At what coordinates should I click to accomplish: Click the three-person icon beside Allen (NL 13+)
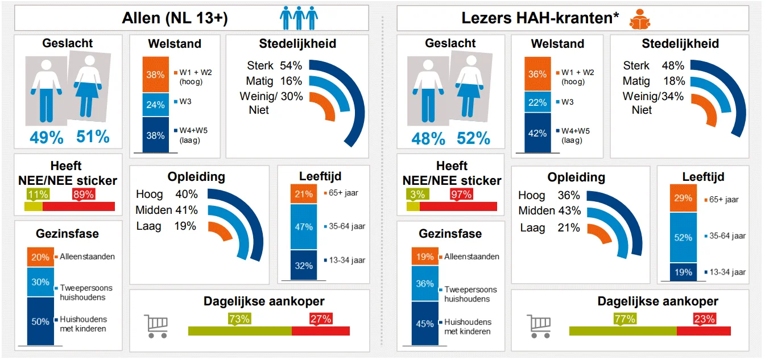(299, 18)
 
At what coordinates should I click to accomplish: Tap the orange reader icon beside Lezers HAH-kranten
(640, 19)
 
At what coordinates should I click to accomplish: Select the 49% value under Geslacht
(46, 136)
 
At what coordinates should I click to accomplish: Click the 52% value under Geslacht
(473, 138)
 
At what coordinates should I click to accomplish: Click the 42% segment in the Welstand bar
(537, 134)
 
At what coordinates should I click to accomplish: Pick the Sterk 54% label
(274, 65)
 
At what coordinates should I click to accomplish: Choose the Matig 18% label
(653, 81)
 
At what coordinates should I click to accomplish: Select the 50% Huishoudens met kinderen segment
(40, 321)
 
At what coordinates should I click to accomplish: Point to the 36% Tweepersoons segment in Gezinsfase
(425, 284)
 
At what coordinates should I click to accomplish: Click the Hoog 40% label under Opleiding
(167, 194)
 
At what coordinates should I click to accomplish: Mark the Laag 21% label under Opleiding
(549, 227)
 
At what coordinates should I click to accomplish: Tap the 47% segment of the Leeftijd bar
(304, 227)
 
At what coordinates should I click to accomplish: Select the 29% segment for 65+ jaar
(683, 198)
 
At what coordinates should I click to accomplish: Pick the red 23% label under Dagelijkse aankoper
(704, 319)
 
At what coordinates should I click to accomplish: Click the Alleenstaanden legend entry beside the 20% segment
(87, 256)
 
